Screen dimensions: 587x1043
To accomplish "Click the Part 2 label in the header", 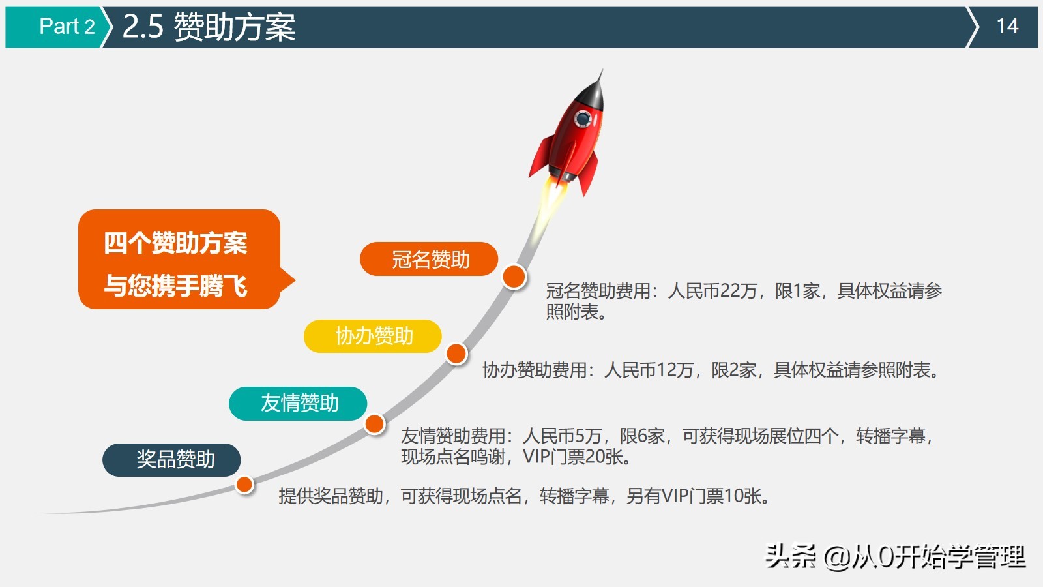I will (66, 26).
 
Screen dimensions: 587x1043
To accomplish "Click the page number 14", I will (1007, 26).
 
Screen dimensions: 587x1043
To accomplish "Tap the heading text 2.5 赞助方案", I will (209, 27).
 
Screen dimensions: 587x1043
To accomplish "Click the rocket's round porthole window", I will (582, 119).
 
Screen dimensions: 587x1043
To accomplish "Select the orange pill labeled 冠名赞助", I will (429, 260).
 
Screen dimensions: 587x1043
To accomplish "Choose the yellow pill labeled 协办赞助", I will (373, 336).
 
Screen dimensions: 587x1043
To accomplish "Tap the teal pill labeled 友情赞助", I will (298, 403).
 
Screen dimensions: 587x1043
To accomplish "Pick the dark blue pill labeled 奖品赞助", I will (171, 460).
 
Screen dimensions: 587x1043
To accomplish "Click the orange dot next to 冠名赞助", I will (514, 277).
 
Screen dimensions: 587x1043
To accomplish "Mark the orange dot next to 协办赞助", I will (456, 354).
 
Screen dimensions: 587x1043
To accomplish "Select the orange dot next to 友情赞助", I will (375, 424).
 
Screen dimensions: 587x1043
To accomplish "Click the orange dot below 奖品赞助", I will (244, 485).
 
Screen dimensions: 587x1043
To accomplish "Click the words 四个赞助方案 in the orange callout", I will (175, 243).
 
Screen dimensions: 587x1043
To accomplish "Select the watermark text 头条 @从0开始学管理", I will (894, 556).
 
